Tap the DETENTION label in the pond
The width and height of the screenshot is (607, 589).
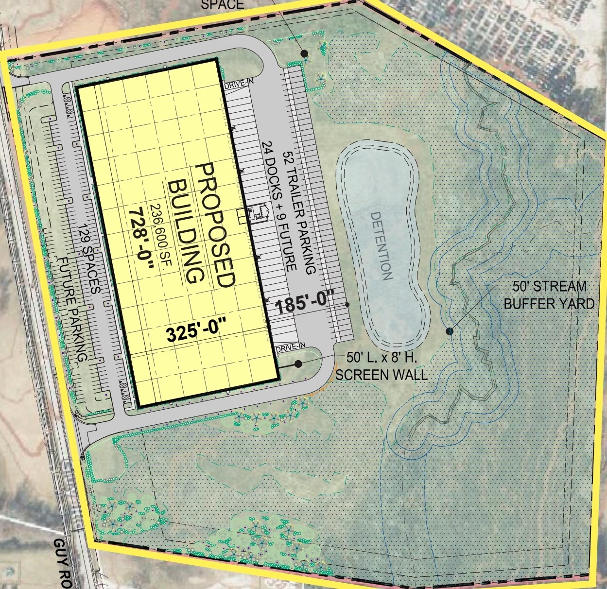pos(381,245)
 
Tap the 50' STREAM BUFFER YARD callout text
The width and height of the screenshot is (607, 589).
pos(549,295)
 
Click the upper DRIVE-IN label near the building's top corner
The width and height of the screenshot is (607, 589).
pos(239,85)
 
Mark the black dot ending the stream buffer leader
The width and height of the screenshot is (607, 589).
pos(450,331)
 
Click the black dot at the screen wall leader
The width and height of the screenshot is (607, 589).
pos(298,364)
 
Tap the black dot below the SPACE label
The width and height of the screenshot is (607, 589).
pos(305,53)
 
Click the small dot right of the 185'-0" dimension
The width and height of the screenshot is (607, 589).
pos(347,305)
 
